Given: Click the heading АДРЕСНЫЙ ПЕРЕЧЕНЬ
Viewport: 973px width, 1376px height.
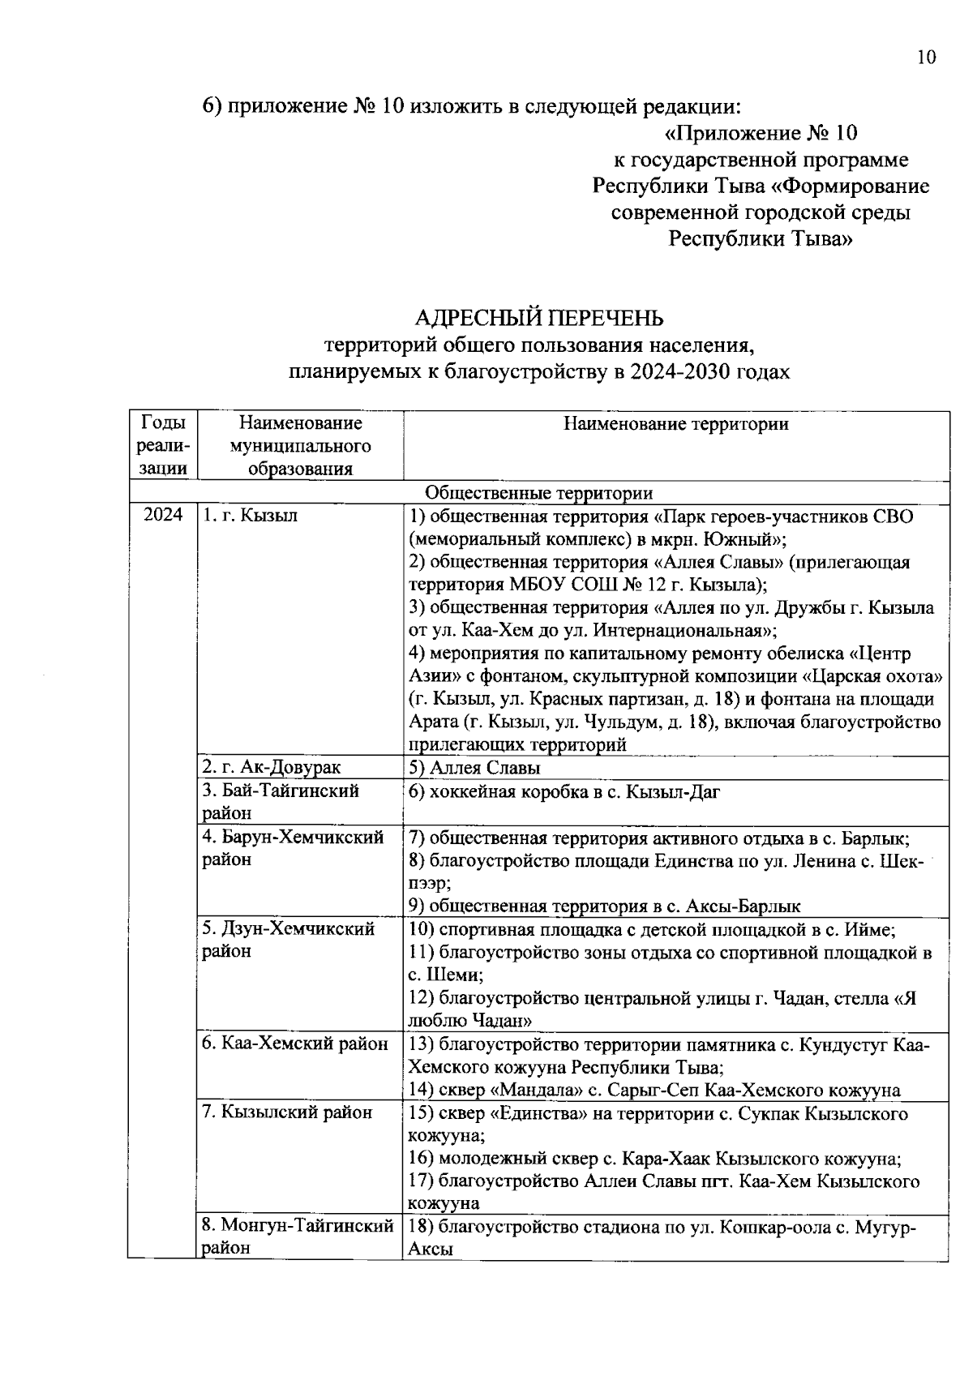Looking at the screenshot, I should click(539, 317).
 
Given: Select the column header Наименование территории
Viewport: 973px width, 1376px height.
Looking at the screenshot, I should click(675, 423).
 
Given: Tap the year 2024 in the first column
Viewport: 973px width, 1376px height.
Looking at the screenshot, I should click(163, 516).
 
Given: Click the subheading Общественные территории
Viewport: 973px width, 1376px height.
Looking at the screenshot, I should click(539, 493).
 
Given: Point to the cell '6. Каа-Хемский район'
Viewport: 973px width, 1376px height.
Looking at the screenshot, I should click(295, 1044).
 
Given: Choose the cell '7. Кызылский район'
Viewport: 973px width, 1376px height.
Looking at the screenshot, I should click(287, 1112).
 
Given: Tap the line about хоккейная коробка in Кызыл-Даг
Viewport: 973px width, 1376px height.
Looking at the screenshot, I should click(564, 792).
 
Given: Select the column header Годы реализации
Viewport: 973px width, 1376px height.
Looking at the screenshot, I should click(163, 446).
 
